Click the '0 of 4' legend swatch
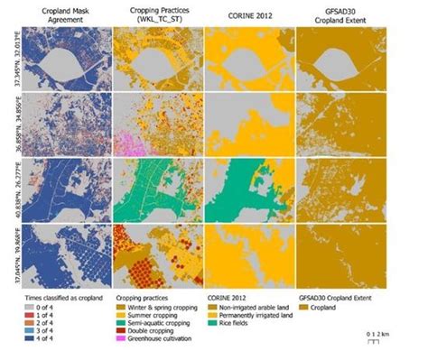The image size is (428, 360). [x=30, y=307]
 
